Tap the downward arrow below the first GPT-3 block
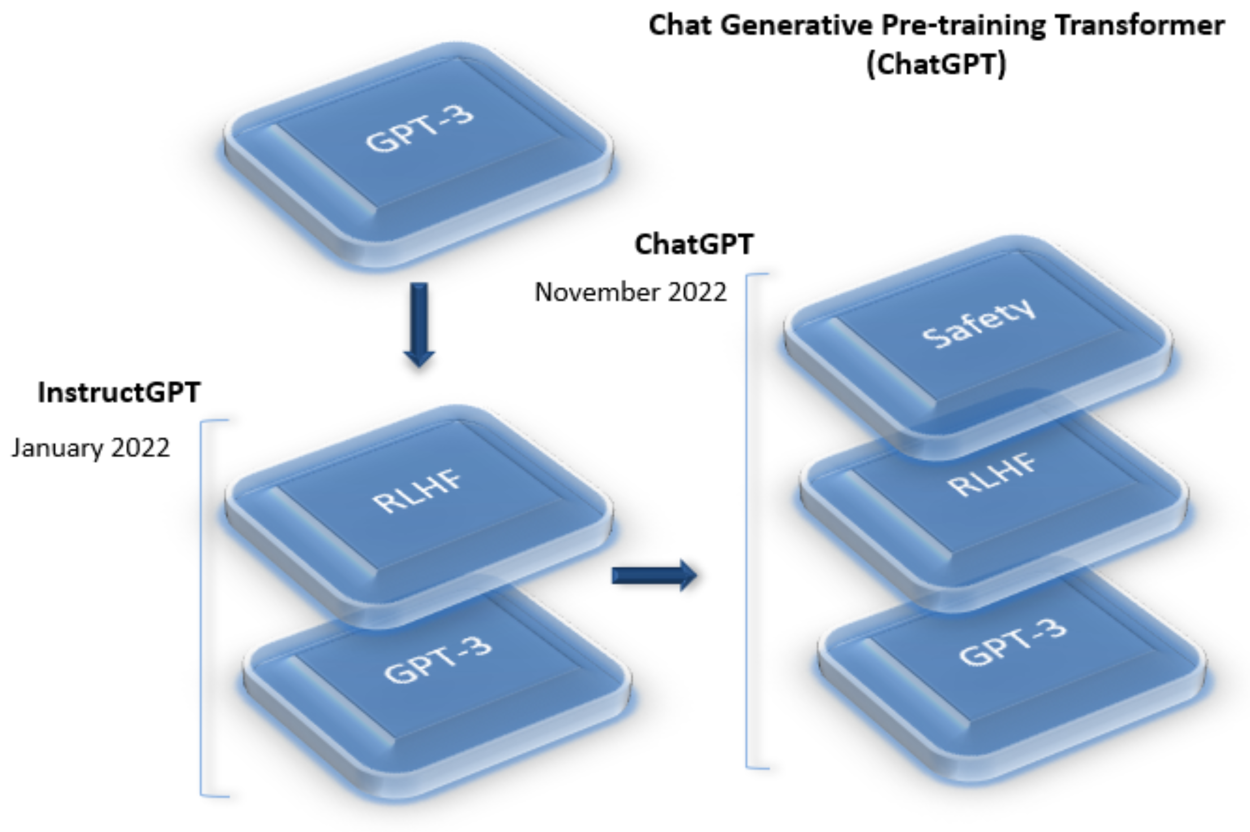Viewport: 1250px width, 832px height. tap(418, 325)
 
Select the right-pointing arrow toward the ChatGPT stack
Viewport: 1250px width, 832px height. tap(654, 575)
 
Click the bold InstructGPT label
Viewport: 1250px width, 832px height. tap(119, 392)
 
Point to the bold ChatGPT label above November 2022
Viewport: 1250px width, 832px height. tap(694, 244)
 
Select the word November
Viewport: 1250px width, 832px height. tap(596, 292)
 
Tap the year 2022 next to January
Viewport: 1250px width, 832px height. tap(140, 448)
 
